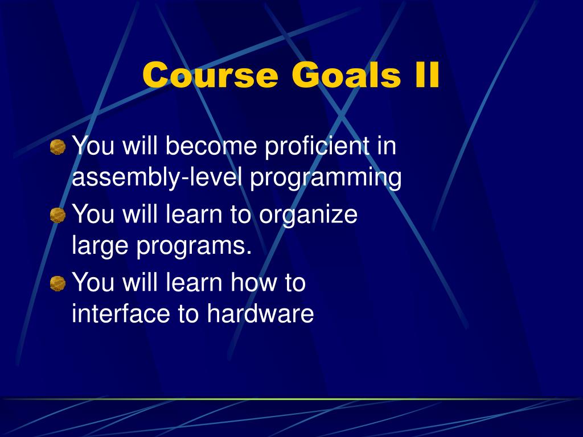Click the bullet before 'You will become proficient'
(58, 147)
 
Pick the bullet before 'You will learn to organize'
(58, 215)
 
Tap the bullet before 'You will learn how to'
(58, 283)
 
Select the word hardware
(260, 313)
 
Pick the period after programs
(248, 253)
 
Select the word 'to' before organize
(241, 215)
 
